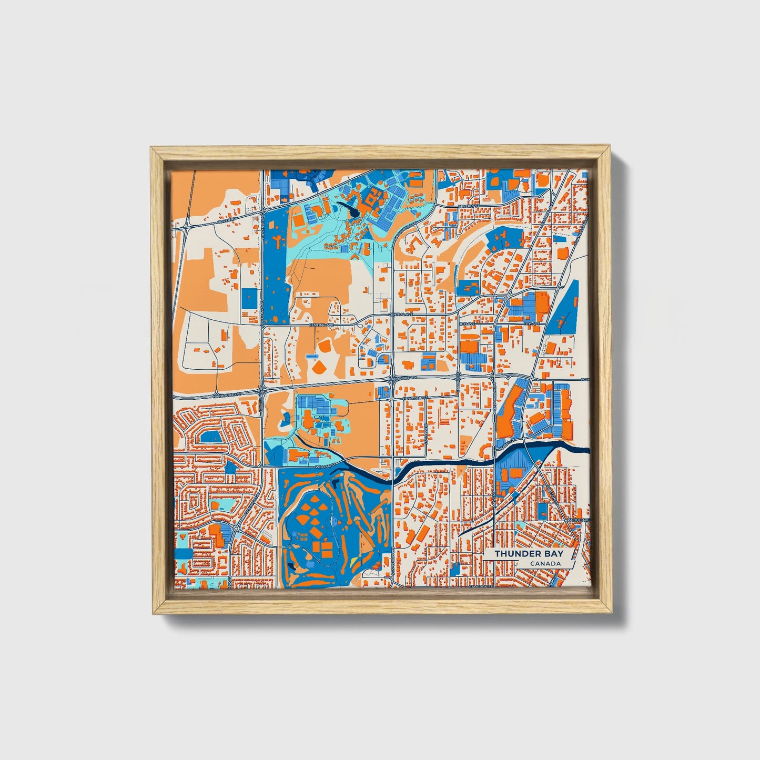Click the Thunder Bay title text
(x=528, y=554)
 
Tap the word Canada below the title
(x=545, y=564)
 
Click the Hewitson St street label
(x=413, y=399)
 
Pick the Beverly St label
(x=466, y=206)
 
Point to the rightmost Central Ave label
(x=398, y=315)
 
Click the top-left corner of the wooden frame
(x=151, y=148)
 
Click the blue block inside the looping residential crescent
(x=211, y=437)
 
